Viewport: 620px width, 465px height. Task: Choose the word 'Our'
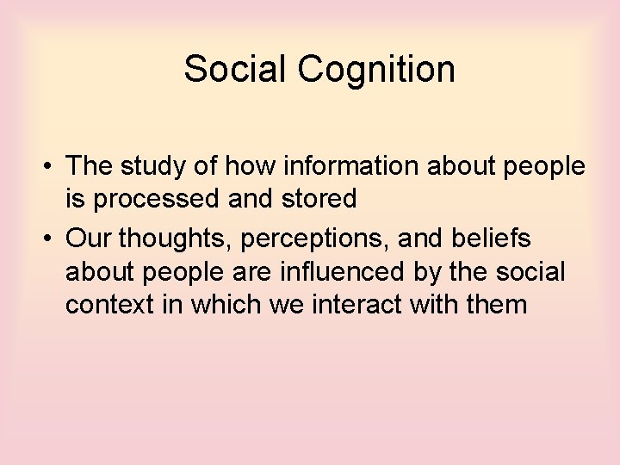click(x=89, y=237)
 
